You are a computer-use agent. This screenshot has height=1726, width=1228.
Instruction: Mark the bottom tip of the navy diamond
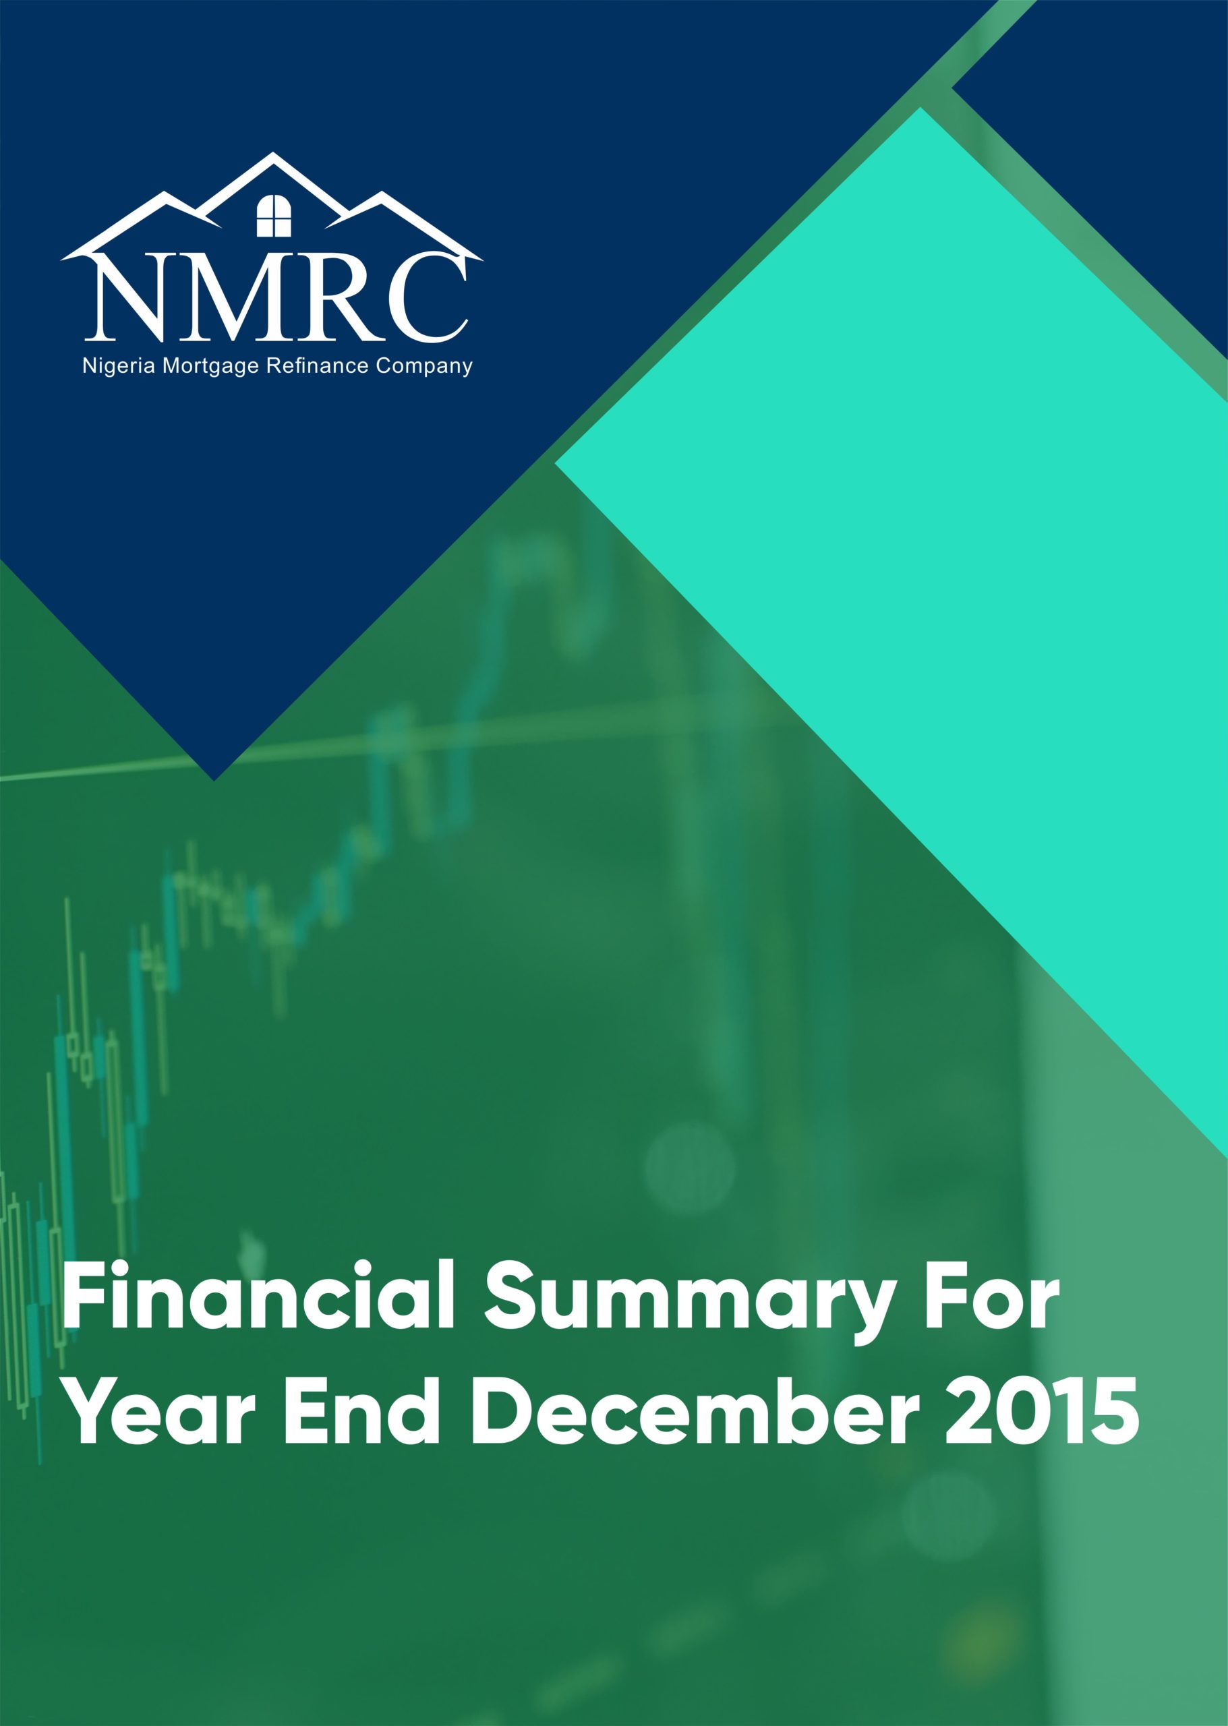pos(214,780)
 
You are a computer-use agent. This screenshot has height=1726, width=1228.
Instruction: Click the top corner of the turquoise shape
pos(920,107)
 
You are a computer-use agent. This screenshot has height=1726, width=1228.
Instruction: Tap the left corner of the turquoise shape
pos(555,463)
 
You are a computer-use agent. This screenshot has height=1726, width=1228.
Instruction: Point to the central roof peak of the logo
pos(273,154)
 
